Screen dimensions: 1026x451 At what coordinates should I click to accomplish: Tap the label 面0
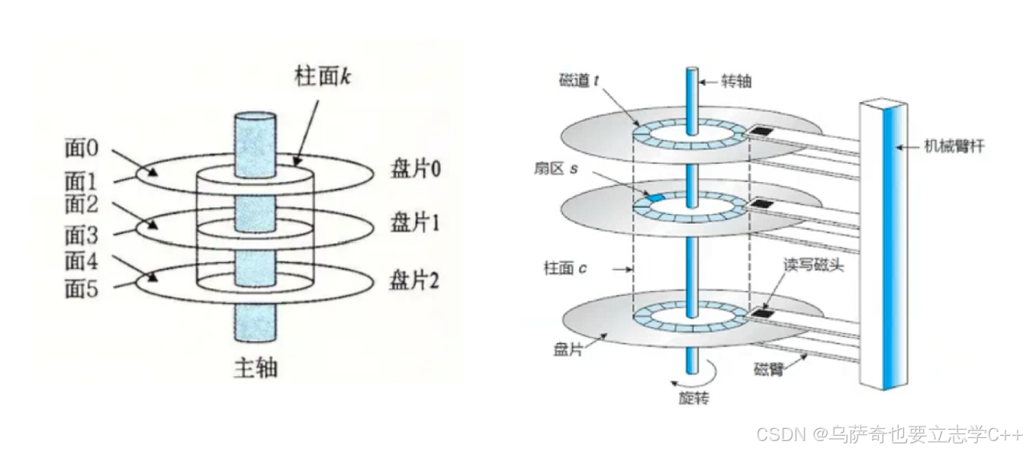coord(82,148)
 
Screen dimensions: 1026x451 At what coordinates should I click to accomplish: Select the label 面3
coord(82,232)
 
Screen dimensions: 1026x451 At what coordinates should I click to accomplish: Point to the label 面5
coord(82,288)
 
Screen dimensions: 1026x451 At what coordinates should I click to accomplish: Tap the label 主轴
coord(254,369)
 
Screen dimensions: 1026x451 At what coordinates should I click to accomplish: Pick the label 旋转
coord(693,398)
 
